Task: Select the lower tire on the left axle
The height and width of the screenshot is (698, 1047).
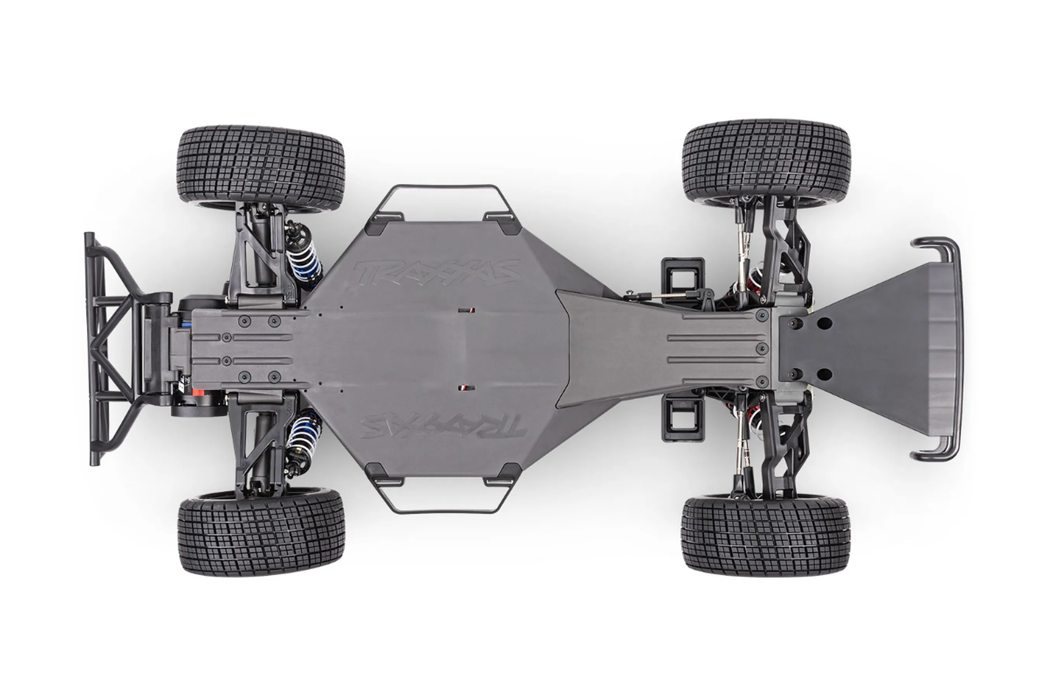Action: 261,535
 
